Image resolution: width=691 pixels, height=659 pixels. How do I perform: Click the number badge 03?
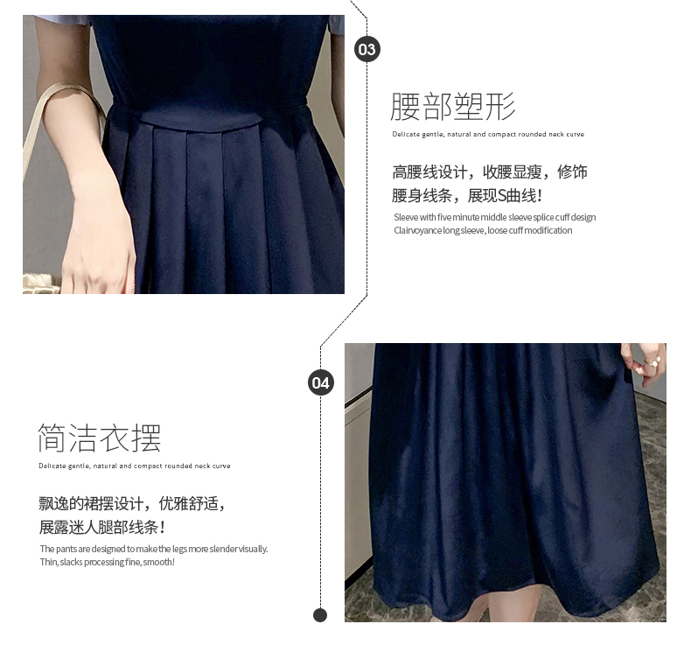coord(367,49)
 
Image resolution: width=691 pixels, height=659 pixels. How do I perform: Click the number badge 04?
coord(321,382)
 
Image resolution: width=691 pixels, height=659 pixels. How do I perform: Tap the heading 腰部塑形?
coord(453,106)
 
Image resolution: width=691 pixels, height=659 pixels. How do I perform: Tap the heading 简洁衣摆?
coord(100,438)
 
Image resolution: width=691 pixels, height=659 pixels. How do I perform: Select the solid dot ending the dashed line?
coord(320,615)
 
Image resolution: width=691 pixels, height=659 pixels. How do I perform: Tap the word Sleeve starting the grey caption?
coord(406,217)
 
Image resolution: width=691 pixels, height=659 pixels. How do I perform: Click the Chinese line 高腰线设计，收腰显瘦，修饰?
coord(490,172)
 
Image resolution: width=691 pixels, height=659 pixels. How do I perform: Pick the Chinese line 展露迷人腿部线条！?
coord(102,527)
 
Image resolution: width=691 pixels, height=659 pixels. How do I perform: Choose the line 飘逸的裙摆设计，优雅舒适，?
coord(132,503)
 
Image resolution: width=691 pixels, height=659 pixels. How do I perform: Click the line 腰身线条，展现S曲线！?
coord(467,196)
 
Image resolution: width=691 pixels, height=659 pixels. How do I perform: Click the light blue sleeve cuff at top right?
coord(336,30)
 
